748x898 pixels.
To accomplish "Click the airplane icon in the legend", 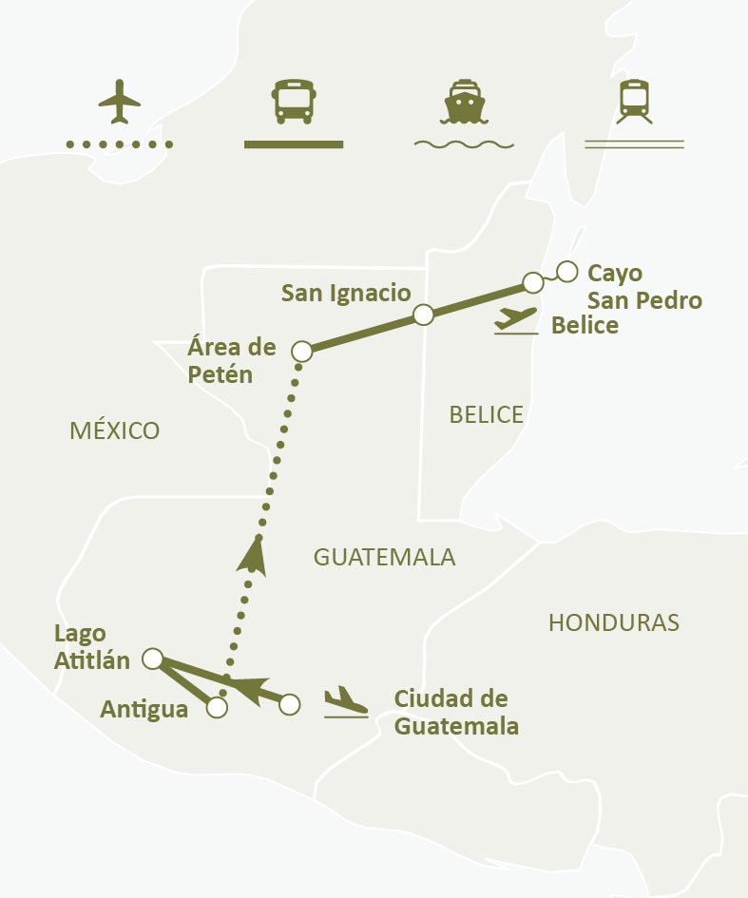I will tap(119, 102).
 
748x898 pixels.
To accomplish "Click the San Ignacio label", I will tap(346, 294).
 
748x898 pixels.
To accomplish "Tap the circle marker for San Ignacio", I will tap(424, 315).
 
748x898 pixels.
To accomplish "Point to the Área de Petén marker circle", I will tap(302, 352).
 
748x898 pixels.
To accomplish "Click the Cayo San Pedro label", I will tap(644, 287).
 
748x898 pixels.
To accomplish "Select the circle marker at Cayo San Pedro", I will tap(567, 272).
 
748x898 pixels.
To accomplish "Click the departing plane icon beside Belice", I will tap(516, 319).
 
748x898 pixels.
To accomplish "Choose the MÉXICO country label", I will tap(115, 430).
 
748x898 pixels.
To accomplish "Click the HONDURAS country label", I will tap(614, 622).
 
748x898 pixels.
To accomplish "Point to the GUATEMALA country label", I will tap(385, 558).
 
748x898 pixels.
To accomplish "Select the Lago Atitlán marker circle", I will tap(152, 658).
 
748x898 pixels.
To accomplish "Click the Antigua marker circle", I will tap(218, 708).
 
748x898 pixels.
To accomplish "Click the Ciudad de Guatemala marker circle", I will tap(291, 704).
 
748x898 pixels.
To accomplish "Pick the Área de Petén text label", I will tap(232, 360).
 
